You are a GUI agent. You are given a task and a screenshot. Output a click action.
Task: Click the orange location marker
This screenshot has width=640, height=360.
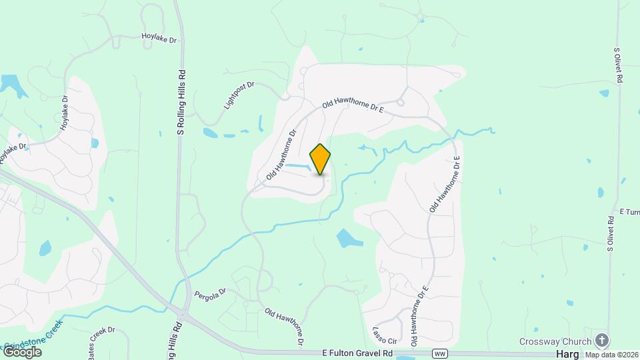320,159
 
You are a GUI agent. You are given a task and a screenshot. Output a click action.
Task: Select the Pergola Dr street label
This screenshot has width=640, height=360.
211,293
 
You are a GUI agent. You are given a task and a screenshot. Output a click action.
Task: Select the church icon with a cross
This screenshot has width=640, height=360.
602,341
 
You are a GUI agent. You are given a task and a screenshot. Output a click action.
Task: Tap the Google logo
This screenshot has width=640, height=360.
22,351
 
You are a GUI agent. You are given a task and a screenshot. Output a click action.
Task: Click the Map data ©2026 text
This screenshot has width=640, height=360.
611,355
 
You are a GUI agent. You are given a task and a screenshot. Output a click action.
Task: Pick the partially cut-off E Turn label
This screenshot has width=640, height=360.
629,212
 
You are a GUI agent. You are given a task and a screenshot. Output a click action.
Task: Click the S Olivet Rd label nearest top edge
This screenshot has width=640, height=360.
619,65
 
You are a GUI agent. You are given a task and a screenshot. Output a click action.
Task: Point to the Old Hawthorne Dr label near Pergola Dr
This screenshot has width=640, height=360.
285,326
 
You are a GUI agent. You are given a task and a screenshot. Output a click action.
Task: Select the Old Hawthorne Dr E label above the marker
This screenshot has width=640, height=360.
353,105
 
